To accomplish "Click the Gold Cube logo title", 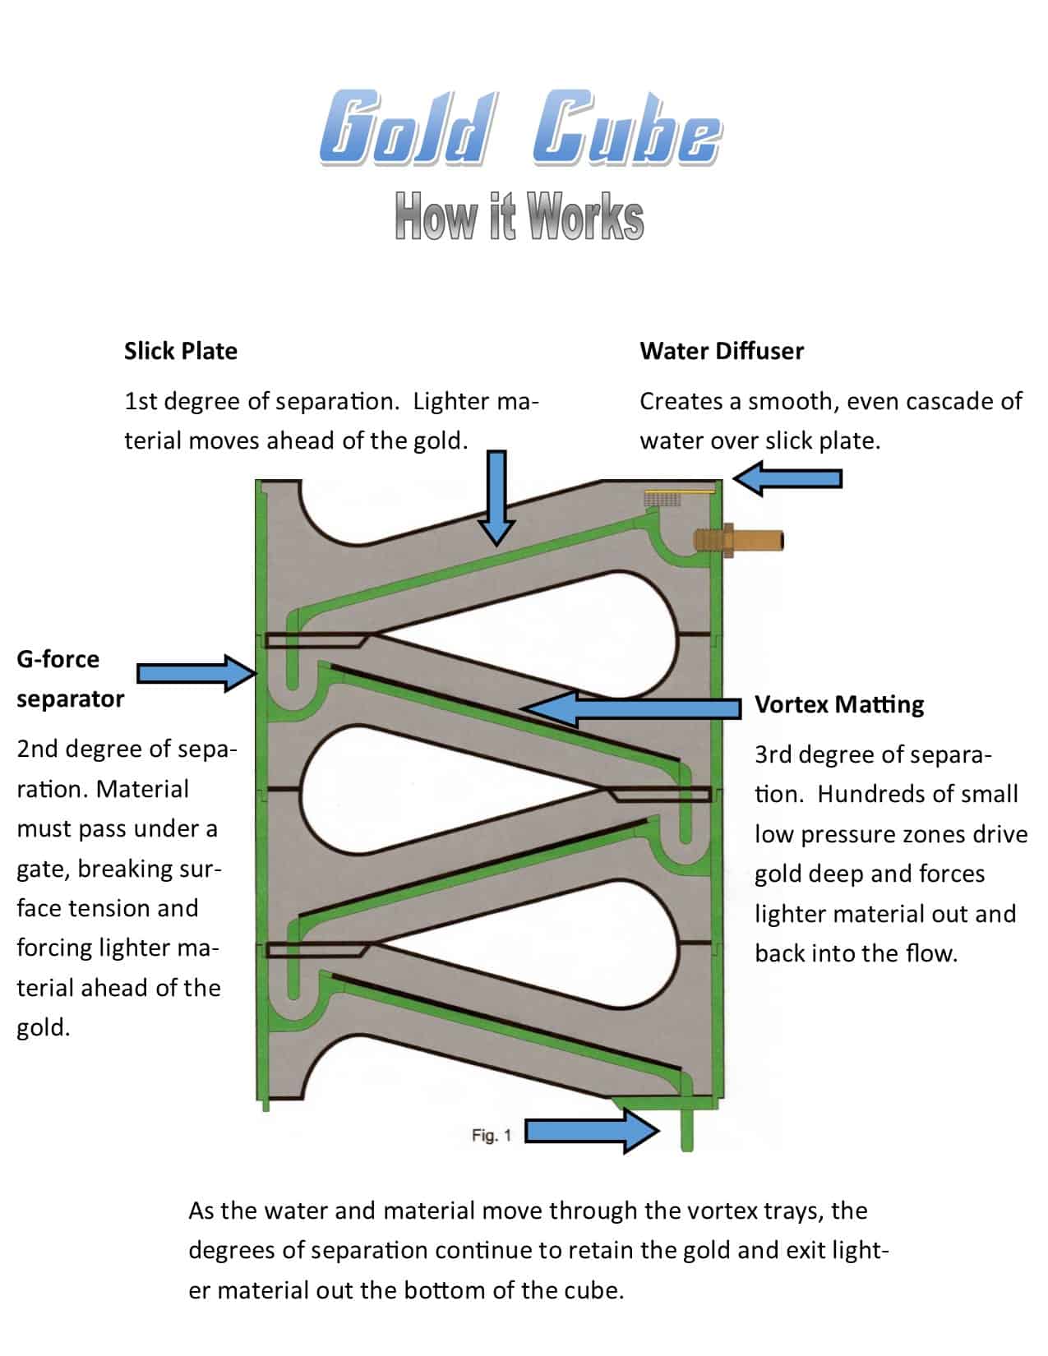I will click(519, 129).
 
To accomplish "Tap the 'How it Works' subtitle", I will click(519, 216).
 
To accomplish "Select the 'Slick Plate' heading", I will click(181, 351).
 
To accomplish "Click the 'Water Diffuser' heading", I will click(722, 351).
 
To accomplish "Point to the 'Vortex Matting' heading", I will click(839, 704).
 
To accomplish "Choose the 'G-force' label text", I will click(58, 659).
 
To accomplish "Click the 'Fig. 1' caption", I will click(492, 1135).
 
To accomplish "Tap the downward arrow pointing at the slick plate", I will click(496, 497).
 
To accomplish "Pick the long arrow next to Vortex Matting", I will click(633, 708).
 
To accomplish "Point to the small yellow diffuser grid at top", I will click(663, 498).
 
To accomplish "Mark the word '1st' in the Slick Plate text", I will click(141, 401).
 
